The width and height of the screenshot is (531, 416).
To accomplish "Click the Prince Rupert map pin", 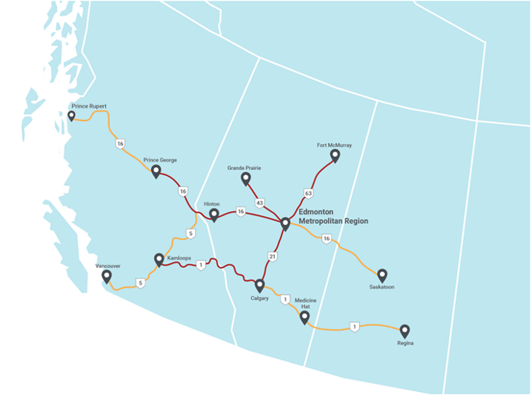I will [x=71, y=116].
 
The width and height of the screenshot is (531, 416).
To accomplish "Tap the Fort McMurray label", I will [x=335, y=145].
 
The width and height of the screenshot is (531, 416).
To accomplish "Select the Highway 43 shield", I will [x=259, y=202].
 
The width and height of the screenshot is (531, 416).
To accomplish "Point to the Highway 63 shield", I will [x=308, y=193].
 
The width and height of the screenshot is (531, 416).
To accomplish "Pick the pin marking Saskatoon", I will [x=382, y=275].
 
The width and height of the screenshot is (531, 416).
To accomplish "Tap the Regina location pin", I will [x=405, y=331].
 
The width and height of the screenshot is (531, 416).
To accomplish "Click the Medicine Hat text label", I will [x=305, y=303].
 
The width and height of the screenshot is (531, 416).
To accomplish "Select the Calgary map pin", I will [x=259, y=285].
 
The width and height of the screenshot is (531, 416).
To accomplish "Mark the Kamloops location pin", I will [x=159, y=259].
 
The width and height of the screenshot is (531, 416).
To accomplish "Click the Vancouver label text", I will [x=107, y=266].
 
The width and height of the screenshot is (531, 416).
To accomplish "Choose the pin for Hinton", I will [x=214, y=215].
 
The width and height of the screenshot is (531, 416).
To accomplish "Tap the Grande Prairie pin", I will [x=245, y=178].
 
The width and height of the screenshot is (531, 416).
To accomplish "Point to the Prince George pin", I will [x=156, y=171].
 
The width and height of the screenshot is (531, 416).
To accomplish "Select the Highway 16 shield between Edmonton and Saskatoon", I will [x=326, y=239].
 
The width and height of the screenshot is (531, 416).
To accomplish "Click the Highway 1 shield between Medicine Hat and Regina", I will [x=354, y=326].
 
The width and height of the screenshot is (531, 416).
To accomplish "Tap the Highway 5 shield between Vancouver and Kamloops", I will [x=140, y=282].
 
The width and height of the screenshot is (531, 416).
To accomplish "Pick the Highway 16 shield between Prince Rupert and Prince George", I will [x=120, y=145].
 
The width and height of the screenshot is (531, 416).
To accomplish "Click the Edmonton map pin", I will [x=286, y=223].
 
